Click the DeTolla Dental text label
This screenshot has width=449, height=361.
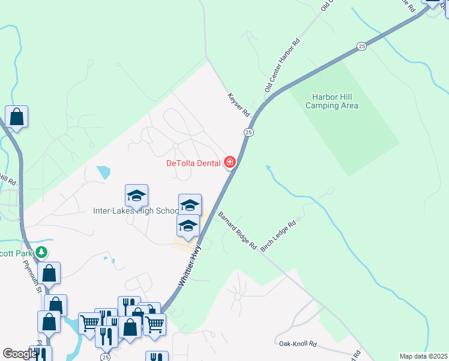[193, 162]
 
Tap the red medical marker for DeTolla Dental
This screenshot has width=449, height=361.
[229, 162]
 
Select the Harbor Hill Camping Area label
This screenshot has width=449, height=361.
[332, 101]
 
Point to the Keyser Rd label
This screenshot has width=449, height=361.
[238, 104]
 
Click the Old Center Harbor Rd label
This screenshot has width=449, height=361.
[282, 66]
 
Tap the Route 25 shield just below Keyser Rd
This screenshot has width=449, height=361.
[249, 132]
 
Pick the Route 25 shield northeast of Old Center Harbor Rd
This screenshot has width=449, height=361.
[361, 46]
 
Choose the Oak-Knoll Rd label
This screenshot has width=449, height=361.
[297, 344]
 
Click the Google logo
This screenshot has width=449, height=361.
[19, 354]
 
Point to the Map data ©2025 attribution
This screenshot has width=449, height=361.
[423, 356]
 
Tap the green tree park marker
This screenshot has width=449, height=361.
[41, 252]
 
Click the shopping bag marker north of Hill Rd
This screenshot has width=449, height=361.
[16, 117]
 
